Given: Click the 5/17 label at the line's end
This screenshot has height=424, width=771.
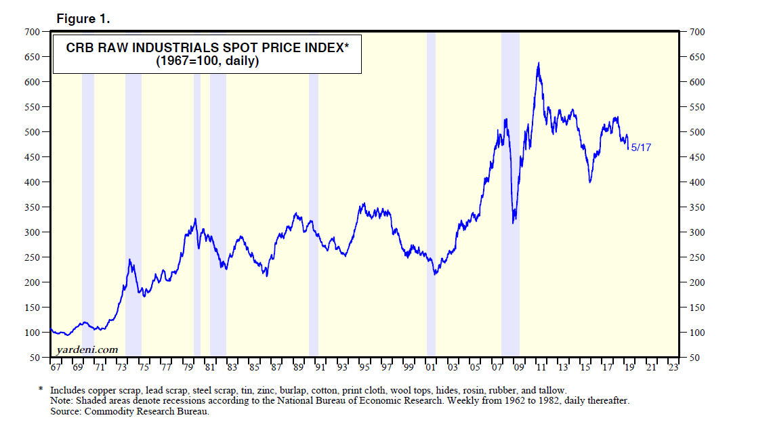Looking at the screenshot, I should (640, 147).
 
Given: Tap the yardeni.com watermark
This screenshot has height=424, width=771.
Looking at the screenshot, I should (87, 349).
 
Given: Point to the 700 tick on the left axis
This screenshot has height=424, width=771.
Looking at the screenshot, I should (32, 32).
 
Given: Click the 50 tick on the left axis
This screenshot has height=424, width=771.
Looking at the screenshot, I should (35, 358).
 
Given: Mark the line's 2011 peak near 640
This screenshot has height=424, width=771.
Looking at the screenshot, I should (539, 63).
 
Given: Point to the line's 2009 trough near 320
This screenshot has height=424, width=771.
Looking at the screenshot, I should (514, 221).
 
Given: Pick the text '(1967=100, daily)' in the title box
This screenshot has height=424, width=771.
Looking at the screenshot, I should (207, 61).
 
